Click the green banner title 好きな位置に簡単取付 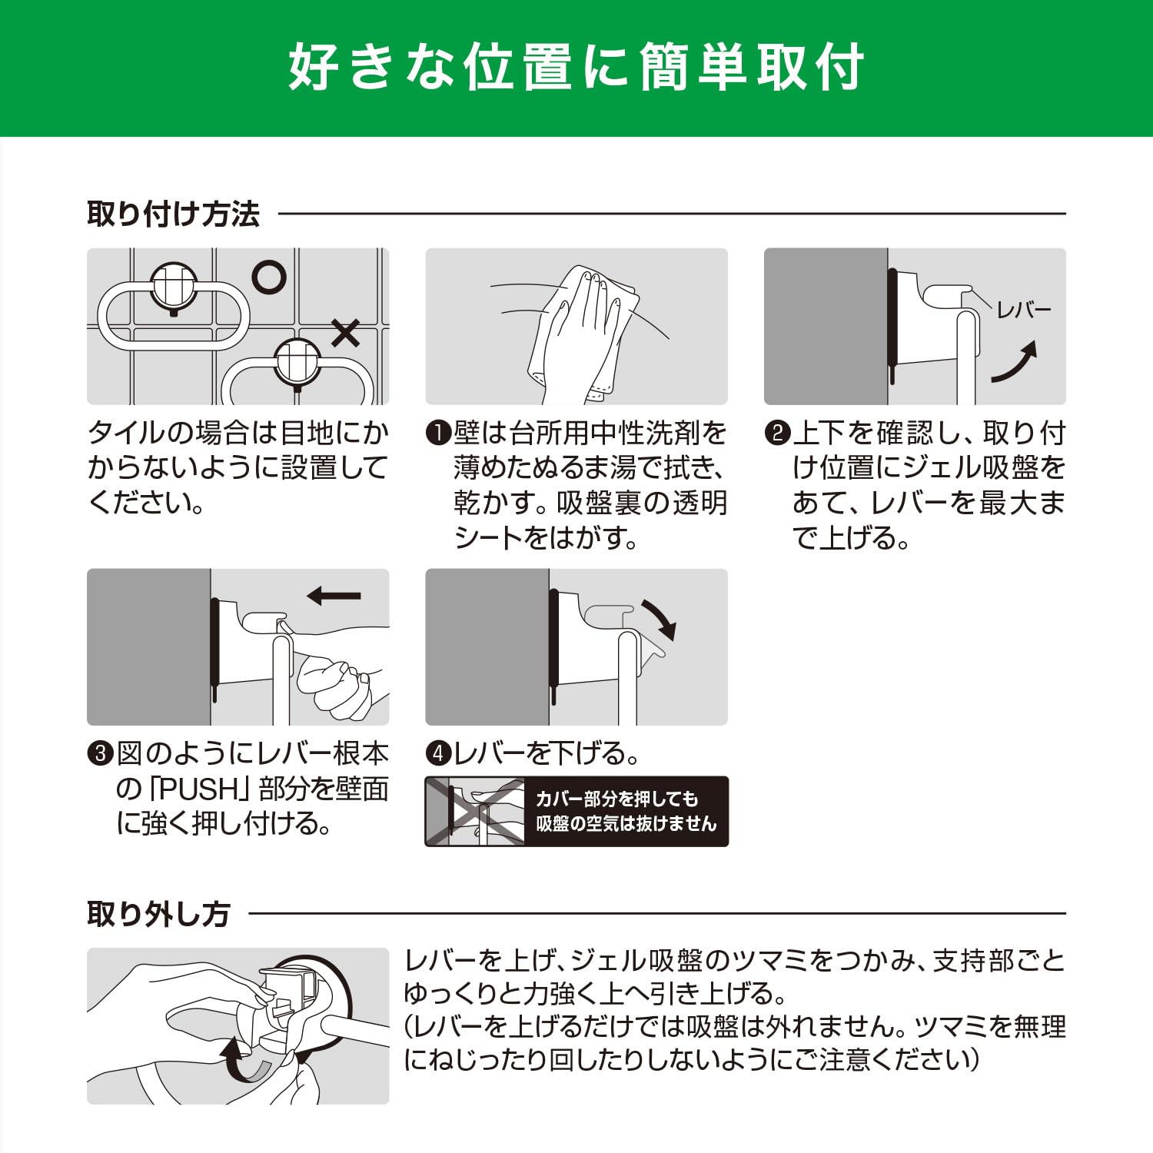tap(576, 68)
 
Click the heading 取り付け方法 tap(173, 214)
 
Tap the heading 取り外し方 tap(158, 914)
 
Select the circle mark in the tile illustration tap(269, 277)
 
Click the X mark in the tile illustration tap(345, 334)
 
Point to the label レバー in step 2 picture tap(1023, 311)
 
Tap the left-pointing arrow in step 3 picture tap(334, 595)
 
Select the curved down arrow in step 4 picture tap(658, 620)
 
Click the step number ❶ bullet tap(438, 433)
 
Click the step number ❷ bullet tap(777, 433)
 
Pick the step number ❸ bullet tap(100, 753)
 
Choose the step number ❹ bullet tap(438, 753)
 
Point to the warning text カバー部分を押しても tap(616, 799)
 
